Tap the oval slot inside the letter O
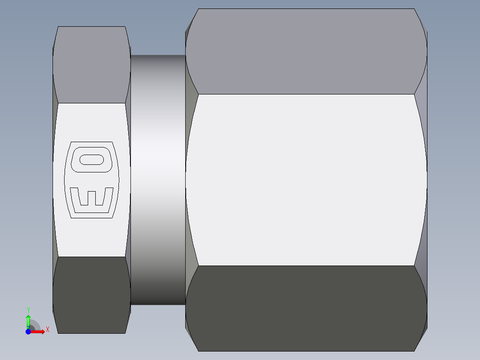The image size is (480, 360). point(92,160)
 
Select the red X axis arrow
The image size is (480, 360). point(38,331)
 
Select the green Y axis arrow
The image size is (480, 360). point(28,320)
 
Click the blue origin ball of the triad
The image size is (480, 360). point(28,331)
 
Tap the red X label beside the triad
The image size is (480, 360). point(47,330)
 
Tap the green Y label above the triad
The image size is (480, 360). point(28,310)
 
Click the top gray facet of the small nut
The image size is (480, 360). point(89,65)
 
